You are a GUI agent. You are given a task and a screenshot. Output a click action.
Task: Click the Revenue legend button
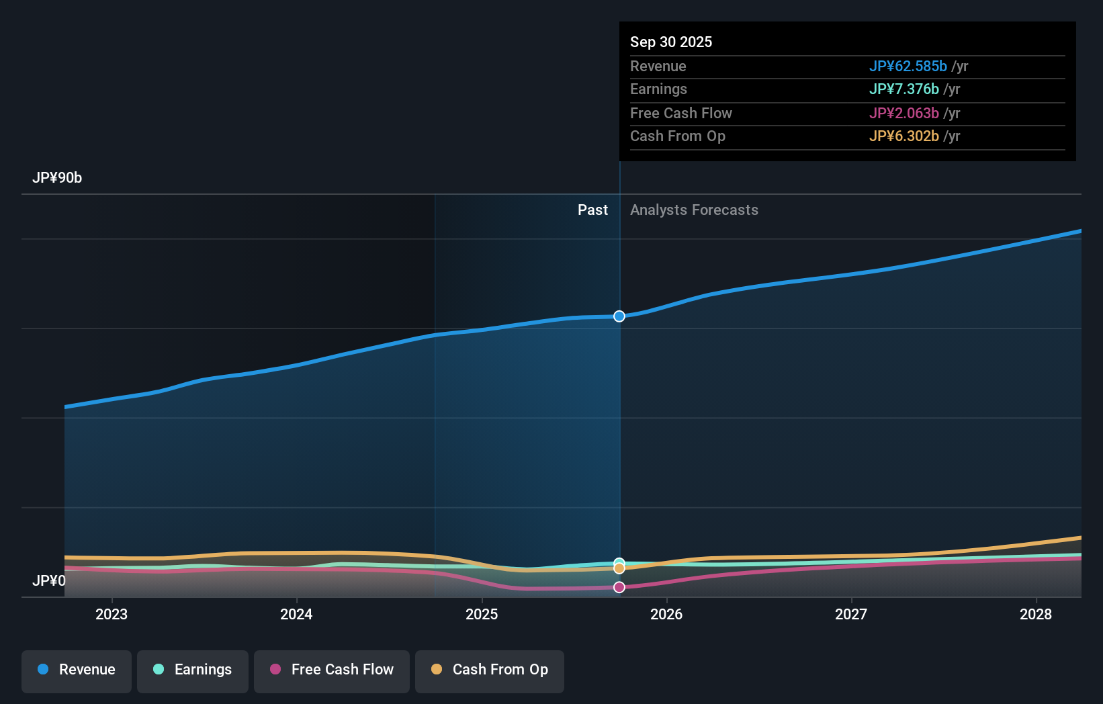[77, 670]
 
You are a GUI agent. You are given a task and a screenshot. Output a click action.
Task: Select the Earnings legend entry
[192, 670]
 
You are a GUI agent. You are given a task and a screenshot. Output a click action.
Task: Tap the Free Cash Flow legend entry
[331, 670]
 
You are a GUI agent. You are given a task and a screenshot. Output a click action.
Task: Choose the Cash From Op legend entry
[489, 670]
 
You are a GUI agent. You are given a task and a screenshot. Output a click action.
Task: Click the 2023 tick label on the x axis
[112, 614]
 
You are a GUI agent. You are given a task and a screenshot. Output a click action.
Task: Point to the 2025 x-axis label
[482, 614]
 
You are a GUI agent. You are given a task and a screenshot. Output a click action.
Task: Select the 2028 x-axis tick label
[1036, 614]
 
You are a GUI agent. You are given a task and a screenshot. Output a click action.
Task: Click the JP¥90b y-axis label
[57, 178]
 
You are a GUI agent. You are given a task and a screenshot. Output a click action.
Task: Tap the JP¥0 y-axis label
[49, 580]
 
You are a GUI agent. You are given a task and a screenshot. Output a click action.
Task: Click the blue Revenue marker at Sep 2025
[619, 316]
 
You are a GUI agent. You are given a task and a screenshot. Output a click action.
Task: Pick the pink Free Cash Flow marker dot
[619, 587]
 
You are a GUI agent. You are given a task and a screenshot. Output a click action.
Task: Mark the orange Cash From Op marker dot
[619, 569]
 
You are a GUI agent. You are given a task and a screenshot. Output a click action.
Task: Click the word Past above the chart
[592, 210]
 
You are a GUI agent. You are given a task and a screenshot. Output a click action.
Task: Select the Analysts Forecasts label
[694, 210]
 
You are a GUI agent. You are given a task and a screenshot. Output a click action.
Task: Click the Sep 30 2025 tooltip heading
[671, 42]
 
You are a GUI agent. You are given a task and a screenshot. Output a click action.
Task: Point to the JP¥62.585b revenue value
[908, 67]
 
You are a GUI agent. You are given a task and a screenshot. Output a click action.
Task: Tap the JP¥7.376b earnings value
[903, 89]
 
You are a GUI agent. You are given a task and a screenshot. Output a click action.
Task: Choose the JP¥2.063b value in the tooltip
[903, 114]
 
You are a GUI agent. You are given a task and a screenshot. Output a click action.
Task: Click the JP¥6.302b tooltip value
[903, 136]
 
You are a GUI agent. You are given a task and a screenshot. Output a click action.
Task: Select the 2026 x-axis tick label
[666, 614]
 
